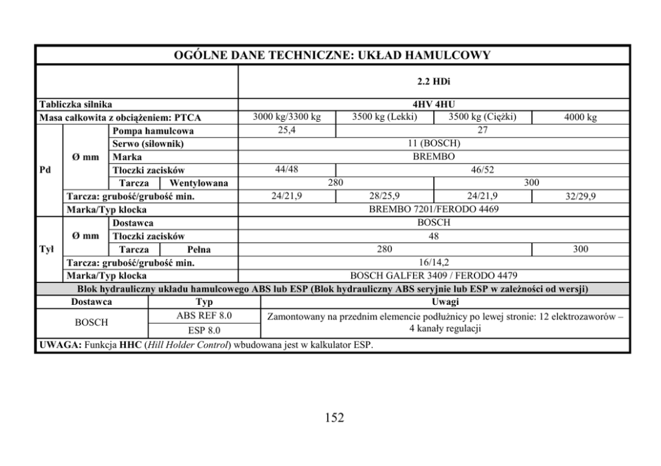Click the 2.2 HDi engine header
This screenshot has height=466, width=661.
[x=434, y=82]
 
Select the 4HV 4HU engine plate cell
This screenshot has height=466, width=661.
[x=434, y=105]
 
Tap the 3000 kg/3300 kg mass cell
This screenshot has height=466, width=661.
[x=287, y=118]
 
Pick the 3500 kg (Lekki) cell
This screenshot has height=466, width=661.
[x=384, y=118]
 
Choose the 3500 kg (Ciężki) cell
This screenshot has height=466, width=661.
[x=482, y=118]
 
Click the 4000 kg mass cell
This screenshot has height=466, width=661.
[x=580, y=118]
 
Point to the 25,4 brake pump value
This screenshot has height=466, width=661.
[x=287, y=130]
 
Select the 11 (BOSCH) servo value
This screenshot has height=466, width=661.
[x=434, y=144]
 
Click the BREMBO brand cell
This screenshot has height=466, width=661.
[x=434, y=156]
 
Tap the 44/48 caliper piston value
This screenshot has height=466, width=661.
[x=287, y=170]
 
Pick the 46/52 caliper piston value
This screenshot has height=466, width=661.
[x=482, y=170]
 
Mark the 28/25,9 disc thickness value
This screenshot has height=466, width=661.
[x=384, y=196]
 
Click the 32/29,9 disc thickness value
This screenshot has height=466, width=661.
[x=580, y=196]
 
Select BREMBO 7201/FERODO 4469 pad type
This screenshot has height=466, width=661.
[x=434, y=209]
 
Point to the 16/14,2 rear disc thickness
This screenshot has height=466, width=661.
[x=434, y=262]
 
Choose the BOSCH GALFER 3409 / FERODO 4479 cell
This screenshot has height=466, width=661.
[x=434, y=275]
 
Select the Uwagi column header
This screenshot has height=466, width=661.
[x=444, y=302]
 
